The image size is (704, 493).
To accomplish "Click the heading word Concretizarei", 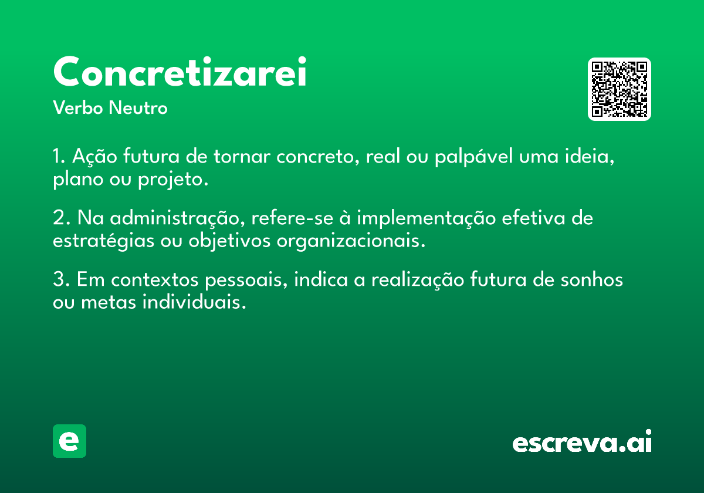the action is tap(180, 72).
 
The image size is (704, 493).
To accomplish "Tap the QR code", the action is tap(619, 89).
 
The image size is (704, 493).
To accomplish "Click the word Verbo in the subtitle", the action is tap(78, 107).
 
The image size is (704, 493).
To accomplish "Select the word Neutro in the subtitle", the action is tap(138, 107).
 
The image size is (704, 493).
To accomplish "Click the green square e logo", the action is tap(69, 441).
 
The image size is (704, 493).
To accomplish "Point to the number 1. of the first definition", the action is tap(59, 156).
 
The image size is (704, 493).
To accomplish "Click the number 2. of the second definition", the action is tap(61, 218).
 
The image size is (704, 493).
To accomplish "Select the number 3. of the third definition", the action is tap(61, 279).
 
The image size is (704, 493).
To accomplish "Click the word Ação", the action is tap(94, 156).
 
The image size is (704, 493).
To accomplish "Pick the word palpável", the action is tap(473, 156).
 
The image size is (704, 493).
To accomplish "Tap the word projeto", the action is tap(173, 180).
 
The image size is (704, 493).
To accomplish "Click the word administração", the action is tap(177, 218).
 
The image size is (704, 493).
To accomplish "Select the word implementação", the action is tap(426, 218).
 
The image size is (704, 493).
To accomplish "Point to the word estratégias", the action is tap(103, 241).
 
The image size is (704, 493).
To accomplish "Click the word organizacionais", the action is tap(351, 241).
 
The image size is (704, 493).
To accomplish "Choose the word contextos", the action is tap(155, 279).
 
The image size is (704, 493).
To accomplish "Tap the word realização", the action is tap(418, 279).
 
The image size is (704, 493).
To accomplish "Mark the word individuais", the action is tap(194, 302).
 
